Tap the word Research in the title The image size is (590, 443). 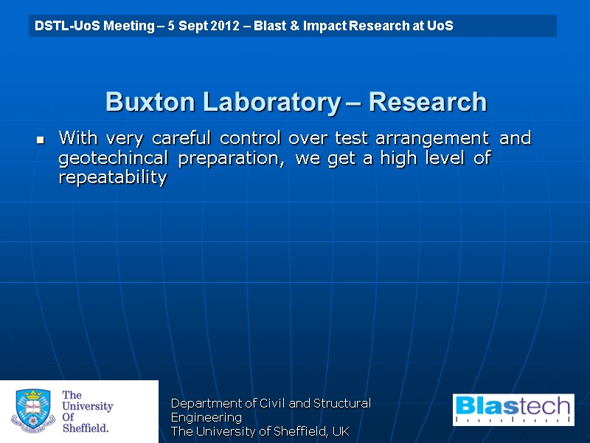[428, 102]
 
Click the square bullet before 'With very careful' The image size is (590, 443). [41, 139]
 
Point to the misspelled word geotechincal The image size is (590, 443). [112, 159]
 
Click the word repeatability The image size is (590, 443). [112, 179]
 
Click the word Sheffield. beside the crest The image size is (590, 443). [86, 427]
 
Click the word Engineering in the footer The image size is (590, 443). [206, 417]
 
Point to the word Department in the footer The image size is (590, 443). [201, 403]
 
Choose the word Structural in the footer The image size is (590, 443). [342, 403]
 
